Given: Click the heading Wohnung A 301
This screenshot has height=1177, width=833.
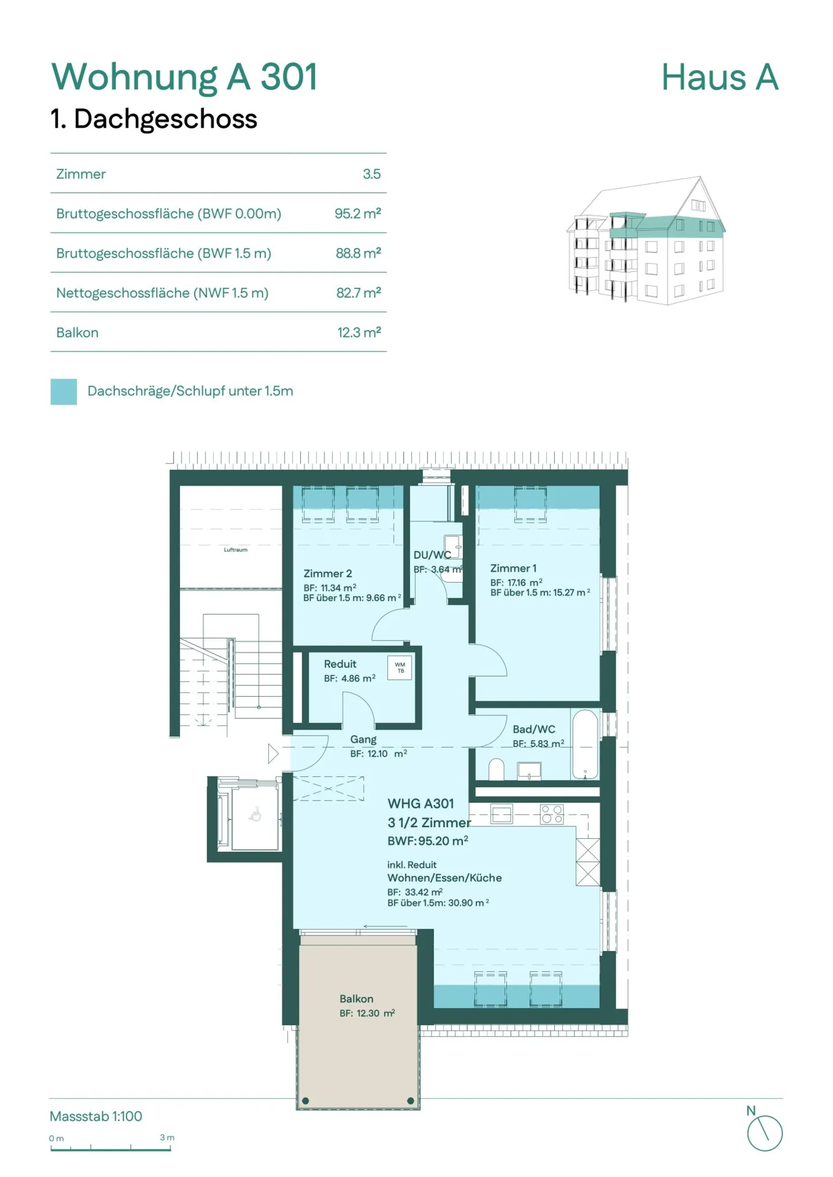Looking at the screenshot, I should (184, 77).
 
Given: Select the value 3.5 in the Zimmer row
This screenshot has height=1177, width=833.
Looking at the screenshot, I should (371, 174).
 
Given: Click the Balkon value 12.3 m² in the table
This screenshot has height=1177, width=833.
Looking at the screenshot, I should (359, 332).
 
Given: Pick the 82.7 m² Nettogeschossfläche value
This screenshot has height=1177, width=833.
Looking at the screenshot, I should (358, 293).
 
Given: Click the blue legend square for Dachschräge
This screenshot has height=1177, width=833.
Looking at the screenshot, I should (64, 391).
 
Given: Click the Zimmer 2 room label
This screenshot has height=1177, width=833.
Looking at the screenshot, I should (327, 573).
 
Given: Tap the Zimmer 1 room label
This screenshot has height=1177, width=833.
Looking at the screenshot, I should (513, 568).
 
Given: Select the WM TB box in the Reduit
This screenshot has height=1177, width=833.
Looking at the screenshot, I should (400, 668).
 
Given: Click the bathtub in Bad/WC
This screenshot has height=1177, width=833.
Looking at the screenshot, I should (585, 744).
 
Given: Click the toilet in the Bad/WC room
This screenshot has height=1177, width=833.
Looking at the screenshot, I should (496, 769).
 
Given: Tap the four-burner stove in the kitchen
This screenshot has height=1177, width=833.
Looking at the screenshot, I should (552, 814).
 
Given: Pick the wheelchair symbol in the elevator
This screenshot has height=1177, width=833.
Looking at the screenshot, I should (255, 816).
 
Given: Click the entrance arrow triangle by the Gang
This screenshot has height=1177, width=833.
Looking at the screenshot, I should (273, 754).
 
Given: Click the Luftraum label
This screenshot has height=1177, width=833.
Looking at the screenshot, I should (235, 550).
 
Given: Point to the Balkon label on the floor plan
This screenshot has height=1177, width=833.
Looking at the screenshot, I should (356, 999).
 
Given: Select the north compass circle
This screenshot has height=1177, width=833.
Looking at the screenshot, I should (764, 1134).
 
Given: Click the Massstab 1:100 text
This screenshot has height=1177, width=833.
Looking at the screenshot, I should (96, 1116).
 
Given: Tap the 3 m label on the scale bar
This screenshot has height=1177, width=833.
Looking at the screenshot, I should (167, 1137).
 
